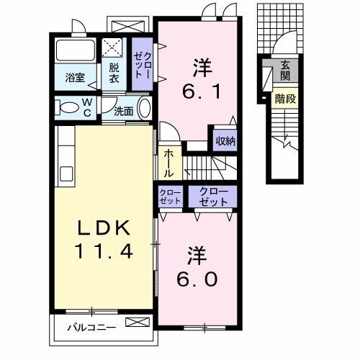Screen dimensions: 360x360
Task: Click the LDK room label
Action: click(x=104, y=229)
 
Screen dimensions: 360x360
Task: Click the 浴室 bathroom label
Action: click(x=76, y=76)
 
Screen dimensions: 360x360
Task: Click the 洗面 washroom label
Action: click(x=124, y=111)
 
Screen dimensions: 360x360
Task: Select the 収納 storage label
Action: click(x=225, y=140)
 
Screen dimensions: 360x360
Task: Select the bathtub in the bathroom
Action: click(x=74, y=52)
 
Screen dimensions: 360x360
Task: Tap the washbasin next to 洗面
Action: click(x=144, y=109)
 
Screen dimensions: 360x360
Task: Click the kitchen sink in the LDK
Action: click(x=66, y=174)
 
